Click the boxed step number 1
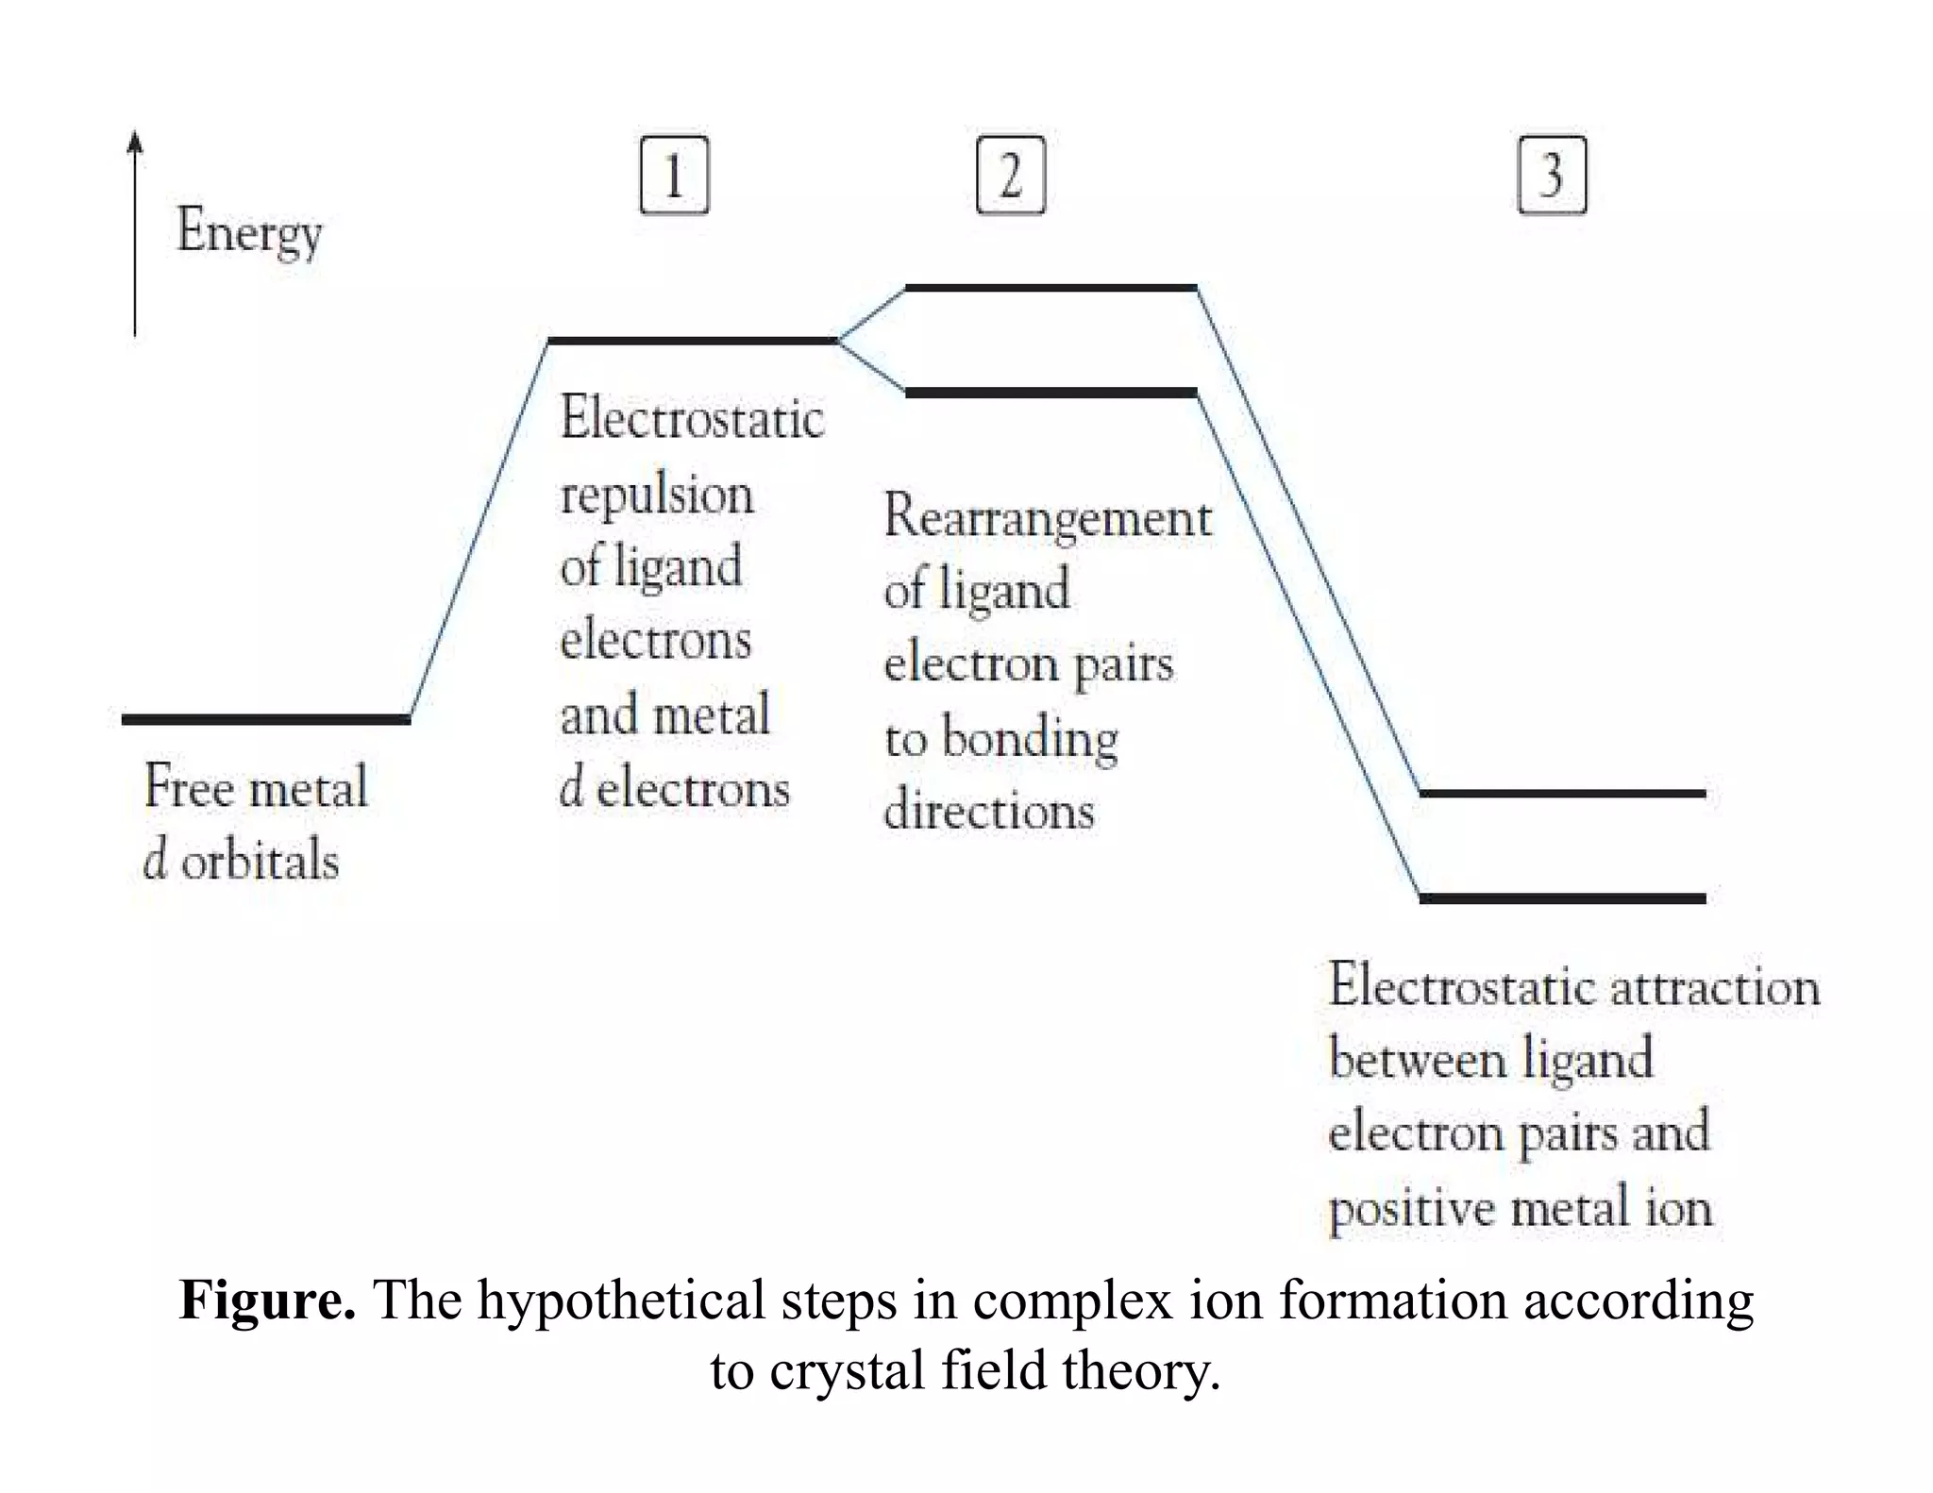coord(674,175)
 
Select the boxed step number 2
coord(1011,175)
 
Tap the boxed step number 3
coord(1552,175)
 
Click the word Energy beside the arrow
coord(249,231)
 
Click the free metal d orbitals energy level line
coord(265,719)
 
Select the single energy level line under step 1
coord(692,340)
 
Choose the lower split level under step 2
coord(1051,392)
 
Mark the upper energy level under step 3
coord(1562,794)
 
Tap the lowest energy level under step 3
coord(1562,898)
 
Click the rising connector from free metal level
coord(479,530)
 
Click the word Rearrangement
coord(1048,518)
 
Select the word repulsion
coord(657,495)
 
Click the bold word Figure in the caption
coord(267,1300)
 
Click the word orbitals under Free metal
coord(260,861)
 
